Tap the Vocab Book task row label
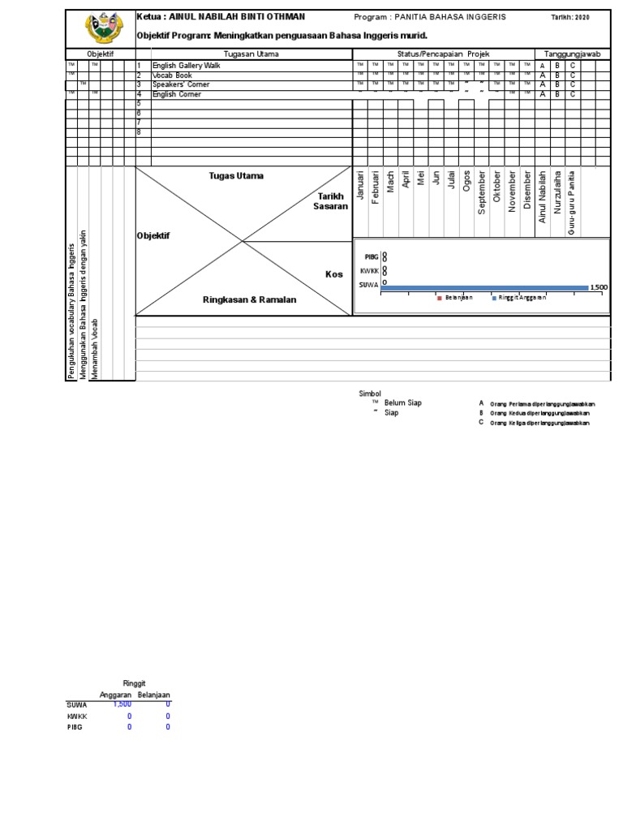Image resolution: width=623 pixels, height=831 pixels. coord(172,75)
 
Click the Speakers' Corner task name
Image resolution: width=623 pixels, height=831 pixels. coord(180,84)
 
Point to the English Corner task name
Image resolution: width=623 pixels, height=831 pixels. coord(177,94)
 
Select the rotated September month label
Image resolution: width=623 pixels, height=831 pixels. coord(482,192)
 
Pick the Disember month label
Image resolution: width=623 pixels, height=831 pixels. coord(527,192)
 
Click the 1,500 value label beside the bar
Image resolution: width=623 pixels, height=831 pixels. coord(598,287)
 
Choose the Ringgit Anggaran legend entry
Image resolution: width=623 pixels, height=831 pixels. coord(519,298)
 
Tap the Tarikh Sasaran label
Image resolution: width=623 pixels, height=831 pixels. coord(330,201)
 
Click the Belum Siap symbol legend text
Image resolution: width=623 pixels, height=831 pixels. coord(402,403)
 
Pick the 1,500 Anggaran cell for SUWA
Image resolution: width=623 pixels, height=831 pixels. coord(122,704)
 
